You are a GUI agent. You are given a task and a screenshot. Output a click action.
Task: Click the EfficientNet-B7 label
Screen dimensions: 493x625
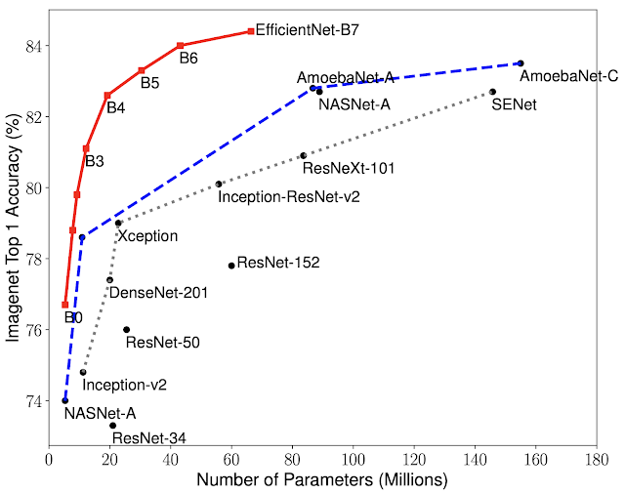[309, 30]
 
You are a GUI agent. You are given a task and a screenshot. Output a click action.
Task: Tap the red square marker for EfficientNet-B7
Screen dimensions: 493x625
[251, 31]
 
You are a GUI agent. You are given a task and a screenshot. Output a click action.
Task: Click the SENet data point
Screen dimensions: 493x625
[493, 92]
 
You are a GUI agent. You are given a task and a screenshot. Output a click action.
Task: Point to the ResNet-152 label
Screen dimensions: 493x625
[278, 263]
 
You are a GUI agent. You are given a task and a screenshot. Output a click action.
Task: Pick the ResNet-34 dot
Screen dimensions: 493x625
[113, 426]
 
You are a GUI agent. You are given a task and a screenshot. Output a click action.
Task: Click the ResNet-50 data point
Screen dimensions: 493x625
[126, 330]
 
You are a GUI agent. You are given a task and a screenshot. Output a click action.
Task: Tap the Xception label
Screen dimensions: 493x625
[147, 236]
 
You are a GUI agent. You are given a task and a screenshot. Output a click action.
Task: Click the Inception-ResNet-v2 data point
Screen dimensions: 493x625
[219, 184]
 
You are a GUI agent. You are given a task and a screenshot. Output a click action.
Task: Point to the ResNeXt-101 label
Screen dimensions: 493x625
[349, 168]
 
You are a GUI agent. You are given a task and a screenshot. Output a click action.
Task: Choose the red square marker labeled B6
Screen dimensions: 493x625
[181, 46]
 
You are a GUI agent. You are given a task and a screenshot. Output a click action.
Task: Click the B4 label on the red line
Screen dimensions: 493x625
[115, 107]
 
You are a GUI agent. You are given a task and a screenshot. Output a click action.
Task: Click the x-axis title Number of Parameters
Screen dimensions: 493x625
[322, 479]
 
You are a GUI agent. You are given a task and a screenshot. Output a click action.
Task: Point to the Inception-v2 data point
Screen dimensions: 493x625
[83, 372]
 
